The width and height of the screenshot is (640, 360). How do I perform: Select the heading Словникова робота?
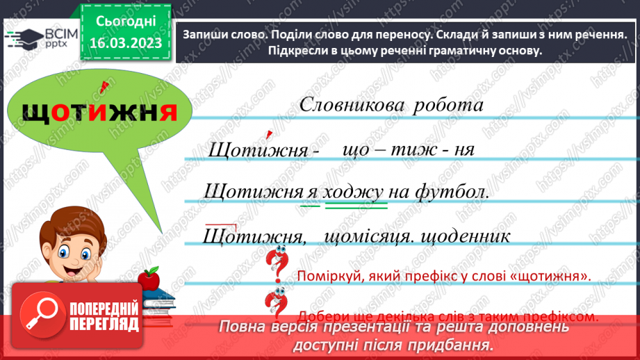tap(391, 105)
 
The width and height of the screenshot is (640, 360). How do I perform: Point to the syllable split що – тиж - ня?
tap(411, 149)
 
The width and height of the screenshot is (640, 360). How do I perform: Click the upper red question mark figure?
tap(277, 265)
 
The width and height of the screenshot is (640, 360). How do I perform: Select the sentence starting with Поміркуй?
tap(443, 276)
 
